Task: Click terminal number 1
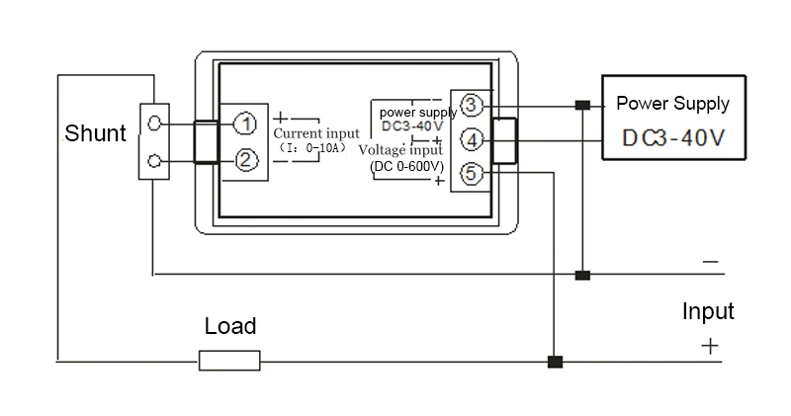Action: [245, 125]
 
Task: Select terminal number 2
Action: [245, 160]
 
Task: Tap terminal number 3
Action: [472, 105]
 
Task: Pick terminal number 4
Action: [472, 139]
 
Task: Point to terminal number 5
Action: [472, 174]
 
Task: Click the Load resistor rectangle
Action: [229, 361]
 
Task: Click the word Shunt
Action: [95, 133]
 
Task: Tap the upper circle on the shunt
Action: [155, 123]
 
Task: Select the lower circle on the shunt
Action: [155, 161]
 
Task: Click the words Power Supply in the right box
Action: [672, 104]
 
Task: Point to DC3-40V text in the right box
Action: [673, 137]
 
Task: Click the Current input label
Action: [316, 133]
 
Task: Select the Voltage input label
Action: [400, 150]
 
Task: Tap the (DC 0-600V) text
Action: [407, 166]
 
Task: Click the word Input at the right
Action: [708, 311]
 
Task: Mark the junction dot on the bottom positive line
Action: [555, 362]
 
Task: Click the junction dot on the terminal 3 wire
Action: [582, 105]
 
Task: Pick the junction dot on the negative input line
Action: [582, 275]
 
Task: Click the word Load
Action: [230, 326]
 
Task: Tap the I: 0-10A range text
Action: [313, 148]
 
